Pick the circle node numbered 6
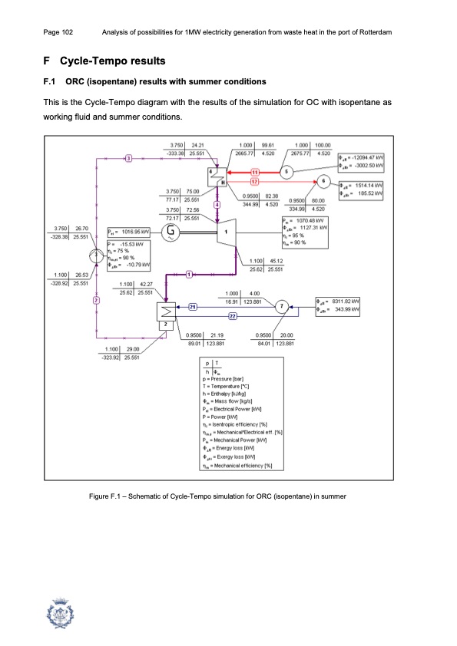coord(324,182)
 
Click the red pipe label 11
coord(255,173)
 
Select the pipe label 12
coord(255,181)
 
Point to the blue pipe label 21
coord(193,307)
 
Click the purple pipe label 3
coord(128,158)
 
